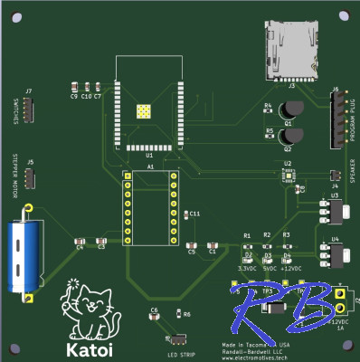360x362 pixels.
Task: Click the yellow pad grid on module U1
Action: pos(143,111)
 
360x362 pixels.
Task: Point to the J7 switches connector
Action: pos(29,110)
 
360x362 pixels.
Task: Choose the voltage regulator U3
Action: pos(332,211)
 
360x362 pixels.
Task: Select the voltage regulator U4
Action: pos(332,255)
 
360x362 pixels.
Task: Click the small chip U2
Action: pos(288,176)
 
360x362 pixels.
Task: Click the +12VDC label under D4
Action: pos(290,269)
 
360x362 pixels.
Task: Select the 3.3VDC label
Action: pos(246,269)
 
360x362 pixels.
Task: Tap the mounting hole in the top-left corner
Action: pos(17,16)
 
